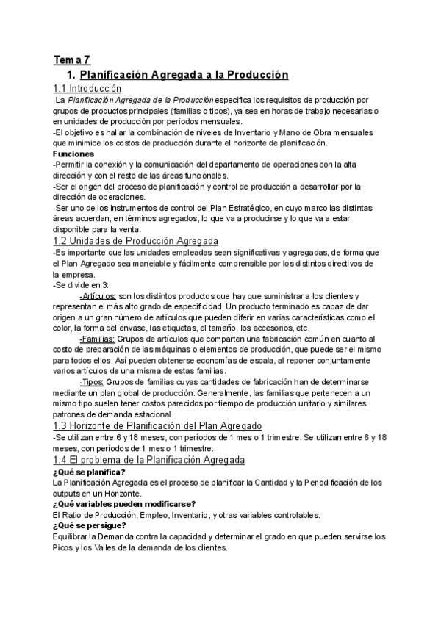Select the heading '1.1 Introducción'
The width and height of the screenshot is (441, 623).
[x=87, y=88]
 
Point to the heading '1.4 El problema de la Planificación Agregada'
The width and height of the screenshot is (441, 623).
[x=149, y=460]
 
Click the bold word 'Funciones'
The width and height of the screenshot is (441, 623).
[x=73, y=154]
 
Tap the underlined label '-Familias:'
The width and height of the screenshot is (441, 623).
[x=97, y=339]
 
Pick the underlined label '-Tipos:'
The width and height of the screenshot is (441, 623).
[x=91, y=383]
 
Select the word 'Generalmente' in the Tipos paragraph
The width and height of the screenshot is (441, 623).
[x=276, y=394]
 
